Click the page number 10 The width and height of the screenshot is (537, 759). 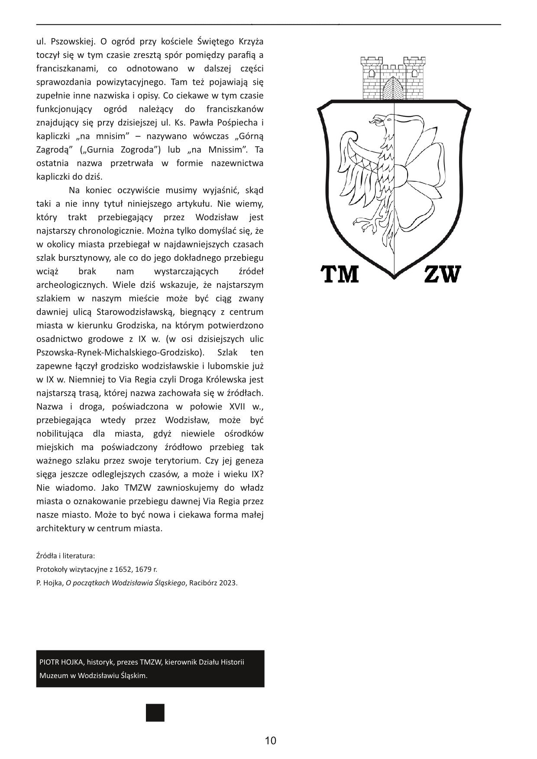(x=270, y=740)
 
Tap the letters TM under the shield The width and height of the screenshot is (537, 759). (x=340, y=274)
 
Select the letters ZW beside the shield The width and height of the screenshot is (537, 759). (x=442, y=274)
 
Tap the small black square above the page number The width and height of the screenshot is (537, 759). (x=155, y=713)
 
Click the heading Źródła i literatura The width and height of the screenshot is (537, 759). (x=65, y=556)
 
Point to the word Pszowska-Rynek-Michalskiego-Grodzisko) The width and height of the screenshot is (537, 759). (x=120, y=352)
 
